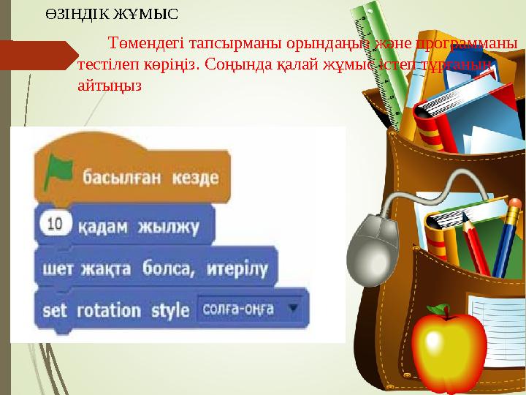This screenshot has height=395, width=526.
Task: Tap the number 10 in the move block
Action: click(x=55, y=225)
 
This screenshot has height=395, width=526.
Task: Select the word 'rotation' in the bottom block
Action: click(x=109, y=309)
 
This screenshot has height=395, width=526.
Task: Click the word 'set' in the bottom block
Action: click(x=55, y=309)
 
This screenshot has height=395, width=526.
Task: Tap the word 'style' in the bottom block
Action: click(x=170, y=309)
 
